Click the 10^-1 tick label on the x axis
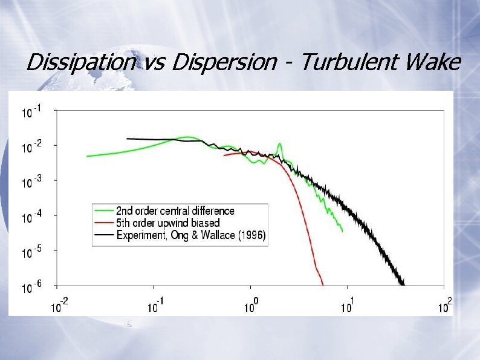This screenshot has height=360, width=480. pyautogui.click(x=155, y=306)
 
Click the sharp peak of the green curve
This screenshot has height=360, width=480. pyautogui.click(x=279, y=144)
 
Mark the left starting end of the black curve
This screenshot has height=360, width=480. pyautogui.click(x=128, y=139)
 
